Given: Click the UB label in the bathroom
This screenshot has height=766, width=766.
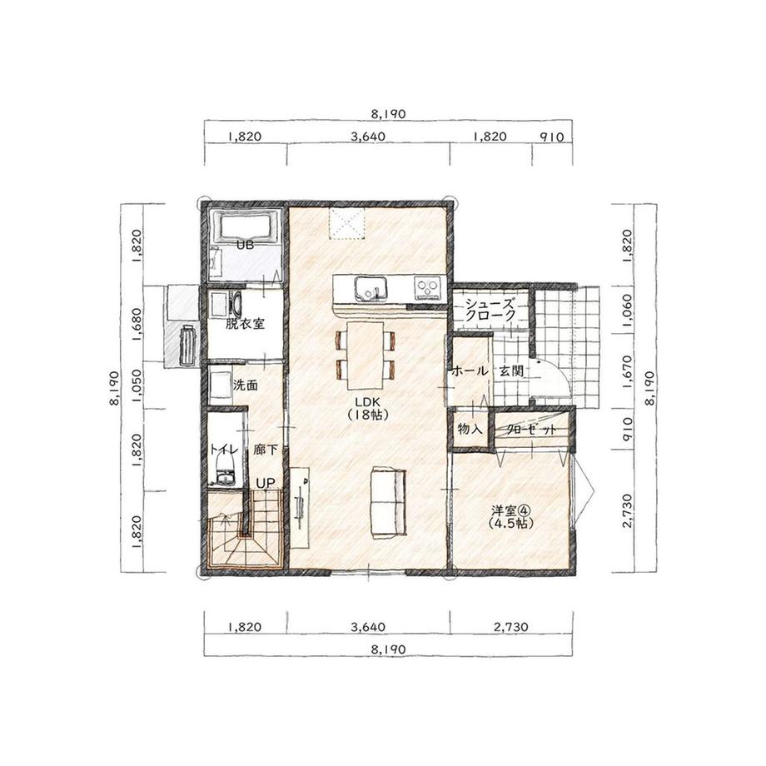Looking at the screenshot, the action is coord(246,246).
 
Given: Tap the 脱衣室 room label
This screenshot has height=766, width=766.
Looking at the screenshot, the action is coord(246,323).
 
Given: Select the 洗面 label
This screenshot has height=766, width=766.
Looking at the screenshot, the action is coord(246,385).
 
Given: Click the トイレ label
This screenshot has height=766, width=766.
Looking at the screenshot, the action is coord(224,449).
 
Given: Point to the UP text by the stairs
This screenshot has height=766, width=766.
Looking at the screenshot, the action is coord(266,483).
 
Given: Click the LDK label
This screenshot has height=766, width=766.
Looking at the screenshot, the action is coord(368,402).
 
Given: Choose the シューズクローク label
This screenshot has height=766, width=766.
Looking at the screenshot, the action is coord(490,309).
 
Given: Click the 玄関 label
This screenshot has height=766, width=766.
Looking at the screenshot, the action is coord(511,371).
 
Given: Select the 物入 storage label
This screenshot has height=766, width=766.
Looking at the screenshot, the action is coord(470,429).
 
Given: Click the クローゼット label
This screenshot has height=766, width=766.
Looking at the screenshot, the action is coord(531,430).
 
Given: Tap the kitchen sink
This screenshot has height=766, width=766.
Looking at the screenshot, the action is coord(371,288).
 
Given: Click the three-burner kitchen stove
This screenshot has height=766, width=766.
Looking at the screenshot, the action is coord(428,288).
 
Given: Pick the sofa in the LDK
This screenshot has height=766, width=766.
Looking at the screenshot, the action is coord(389,503).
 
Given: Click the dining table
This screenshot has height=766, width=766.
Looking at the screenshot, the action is coord(365,356).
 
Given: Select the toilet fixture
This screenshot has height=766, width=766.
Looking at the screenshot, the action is coord(225,470).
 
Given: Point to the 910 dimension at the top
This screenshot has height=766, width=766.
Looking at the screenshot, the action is coord(552,137).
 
